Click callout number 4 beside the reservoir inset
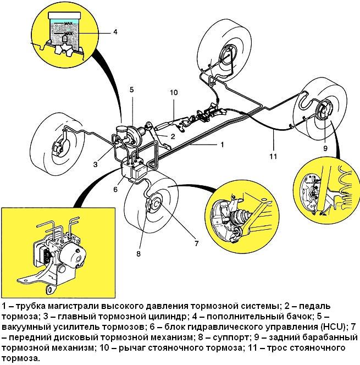coord(115,32)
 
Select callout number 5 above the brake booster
coord(132,90)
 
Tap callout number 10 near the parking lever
coord(174,93)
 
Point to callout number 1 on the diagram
coord(221,145)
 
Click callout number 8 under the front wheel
coord(139,254)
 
